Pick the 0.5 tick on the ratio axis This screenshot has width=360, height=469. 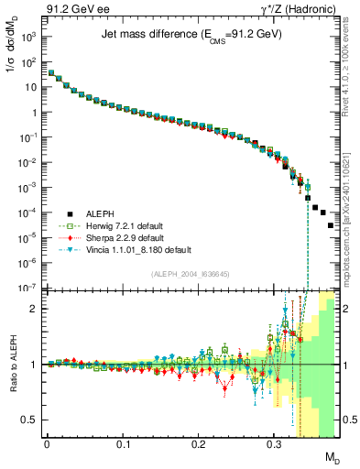point(33,420)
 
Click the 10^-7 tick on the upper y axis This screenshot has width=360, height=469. point(29,287)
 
